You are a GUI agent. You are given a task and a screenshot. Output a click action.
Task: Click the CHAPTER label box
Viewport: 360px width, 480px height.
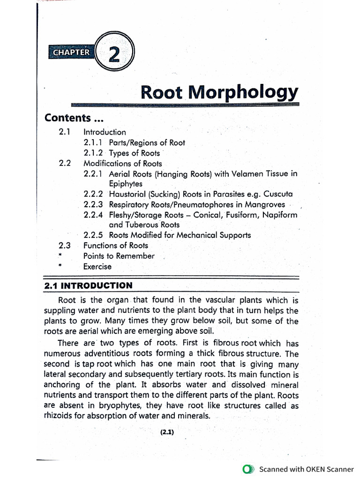coord(71,52)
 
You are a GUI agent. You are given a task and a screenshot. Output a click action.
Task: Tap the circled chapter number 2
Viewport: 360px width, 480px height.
coord(114,54)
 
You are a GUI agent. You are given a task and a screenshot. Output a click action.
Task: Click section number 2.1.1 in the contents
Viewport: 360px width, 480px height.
coord(94,142)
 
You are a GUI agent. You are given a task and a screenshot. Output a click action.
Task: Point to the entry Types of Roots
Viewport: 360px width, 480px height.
coord(134,153)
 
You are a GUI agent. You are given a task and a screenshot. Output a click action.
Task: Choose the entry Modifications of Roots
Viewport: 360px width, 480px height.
coord(122,164)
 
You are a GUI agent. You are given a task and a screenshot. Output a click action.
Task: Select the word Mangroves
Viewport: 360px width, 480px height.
coord(262,204)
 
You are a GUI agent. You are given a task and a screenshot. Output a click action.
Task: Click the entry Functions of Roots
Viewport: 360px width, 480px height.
coord(115,246)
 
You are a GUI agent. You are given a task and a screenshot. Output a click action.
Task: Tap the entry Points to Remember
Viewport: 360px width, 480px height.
coord(119,256)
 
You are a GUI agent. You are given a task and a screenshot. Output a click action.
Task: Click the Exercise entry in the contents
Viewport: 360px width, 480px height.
coord(97,267)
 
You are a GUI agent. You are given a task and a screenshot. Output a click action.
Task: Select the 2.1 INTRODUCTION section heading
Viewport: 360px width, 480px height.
coord(88,285)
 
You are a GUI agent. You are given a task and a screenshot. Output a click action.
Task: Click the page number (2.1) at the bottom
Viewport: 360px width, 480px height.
coord(166,433)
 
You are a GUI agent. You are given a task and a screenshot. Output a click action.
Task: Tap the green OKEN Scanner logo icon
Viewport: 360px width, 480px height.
coord(248,469)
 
